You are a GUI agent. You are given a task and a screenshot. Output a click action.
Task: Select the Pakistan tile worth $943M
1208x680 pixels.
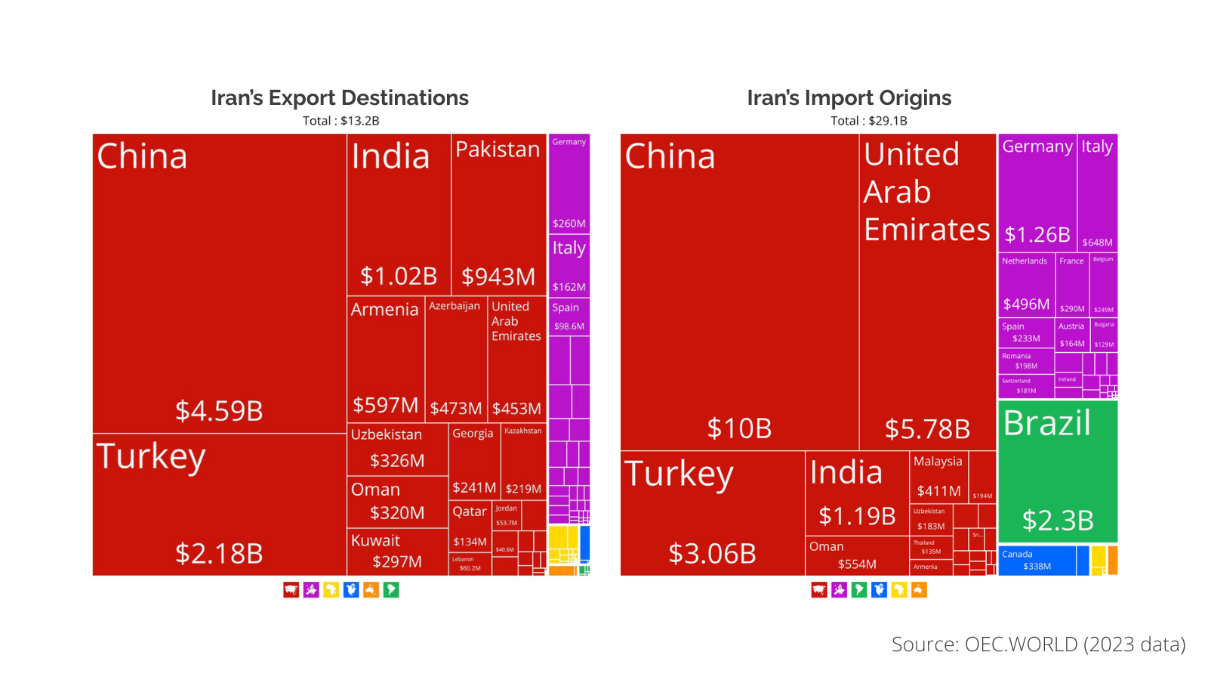point(498,215)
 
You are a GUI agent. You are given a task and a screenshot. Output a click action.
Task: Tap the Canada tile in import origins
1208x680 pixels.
point(1036,561)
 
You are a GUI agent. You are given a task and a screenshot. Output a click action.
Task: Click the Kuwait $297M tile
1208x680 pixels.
point(397,552)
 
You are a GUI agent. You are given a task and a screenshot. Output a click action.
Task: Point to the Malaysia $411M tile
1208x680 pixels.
point(938,476)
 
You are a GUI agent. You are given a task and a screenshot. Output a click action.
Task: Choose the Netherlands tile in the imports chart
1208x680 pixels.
point(1025,284)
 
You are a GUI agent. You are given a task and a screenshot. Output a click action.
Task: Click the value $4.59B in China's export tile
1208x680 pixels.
point(219,411)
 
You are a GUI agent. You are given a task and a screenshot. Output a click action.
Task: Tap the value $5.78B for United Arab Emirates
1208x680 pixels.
point(927,429)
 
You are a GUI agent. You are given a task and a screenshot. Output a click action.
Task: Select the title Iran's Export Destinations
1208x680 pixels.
point(340,98)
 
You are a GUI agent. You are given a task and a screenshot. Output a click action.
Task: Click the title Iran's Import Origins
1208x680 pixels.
point(849,98)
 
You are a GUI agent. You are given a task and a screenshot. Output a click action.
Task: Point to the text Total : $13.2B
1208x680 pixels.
point(341,121)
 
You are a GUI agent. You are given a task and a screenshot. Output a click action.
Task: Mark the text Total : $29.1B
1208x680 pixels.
point(868,121)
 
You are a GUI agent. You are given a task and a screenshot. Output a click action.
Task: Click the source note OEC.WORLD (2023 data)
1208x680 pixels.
point(1038,644)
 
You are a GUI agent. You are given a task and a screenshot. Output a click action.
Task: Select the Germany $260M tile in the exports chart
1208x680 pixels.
point(569,184)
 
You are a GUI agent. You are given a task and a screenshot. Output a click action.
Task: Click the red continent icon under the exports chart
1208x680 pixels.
point(291,590)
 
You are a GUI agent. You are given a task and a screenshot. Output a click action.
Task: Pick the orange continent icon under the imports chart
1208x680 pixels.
point(919,590)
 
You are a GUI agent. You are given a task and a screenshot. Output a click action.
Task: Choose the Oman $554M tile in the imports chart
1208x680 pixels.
point(856,556)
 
